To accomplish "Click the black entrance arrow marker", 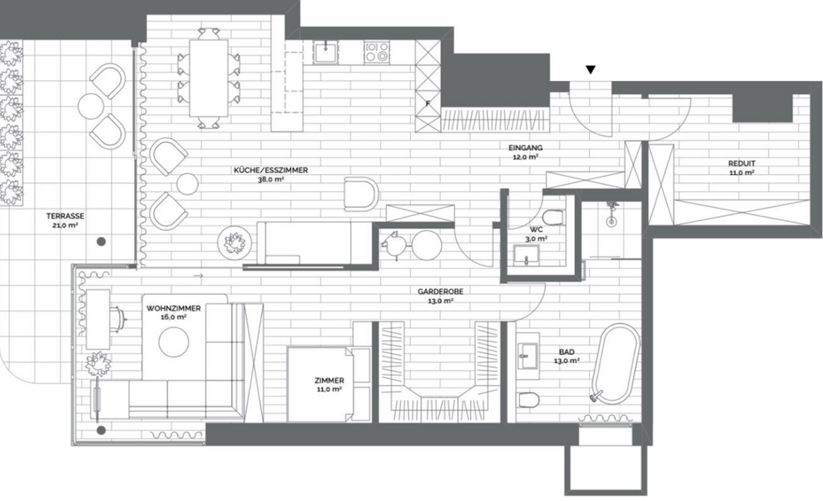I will click(591, 70).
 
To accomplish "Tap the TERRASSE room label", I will click(65, 216).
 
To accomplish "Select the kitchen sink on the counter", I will click(326, 53).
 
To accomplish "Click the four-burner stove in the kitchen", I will click(377, 53).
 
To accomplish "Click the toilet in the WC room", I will click(553, 217).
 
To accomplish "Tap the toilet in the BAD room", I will click(528, 399).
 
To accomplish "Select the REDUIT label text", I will click(742, 163).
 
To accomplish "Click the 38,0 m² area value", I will click(271, 179).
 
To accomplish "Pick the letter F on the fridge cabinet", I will click(428, 104).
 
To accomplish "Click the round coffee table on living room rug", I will click(174, 342).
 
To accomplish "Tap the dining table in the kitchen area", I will click(209, 78).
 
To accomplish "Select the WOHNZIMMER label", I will click(173, 308).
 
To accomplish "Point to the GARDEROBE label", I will click(440, 292).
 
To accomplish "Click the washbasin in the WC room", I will click(526, 255).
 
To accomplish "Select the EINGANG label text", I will click(525, 148).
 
